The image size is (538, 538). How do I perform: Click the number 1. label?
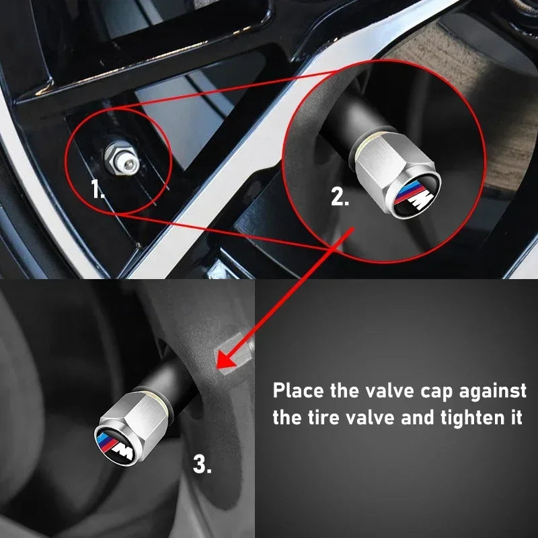(x=98, y=190)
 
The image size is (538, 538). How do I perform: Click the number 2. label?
(x=340, y=197)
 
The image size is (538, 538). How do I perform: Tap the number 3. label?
(x=202, y=463)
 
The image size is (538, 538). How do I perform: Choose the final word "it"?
(x=514, y=418)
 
